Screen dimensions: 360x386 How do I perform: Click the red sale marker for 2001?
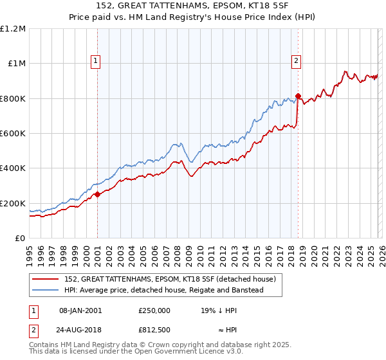(x=97, y=194)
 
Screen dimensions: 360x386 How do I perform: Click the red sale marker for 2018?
(x=298, y=96)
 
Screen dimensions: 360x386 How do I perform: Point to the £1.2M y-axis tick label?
(x=14, y=29)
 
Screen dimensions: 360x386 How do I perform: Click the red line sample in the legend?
(x=46, y=279)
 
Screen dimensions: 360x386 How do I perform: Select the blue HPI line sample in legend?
(x=46, y=290)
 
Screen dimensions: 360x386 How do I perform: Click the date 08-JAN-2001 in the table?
(x=80, y=310)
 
